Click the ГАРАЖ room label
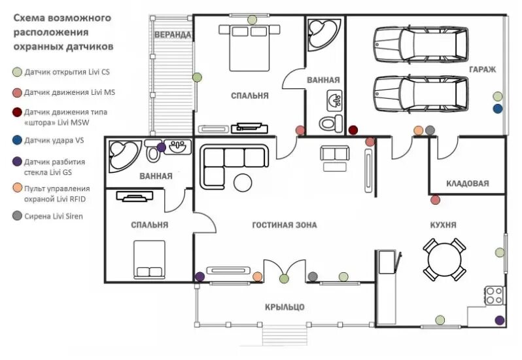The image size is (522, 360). (x=482, y=69)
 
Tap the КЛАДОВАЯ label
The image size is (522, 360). (x=467, y=183)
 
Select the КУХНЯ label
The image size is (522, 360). (x=443, y=225)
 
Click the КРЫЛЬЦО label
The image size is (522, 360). (x=285, y=307)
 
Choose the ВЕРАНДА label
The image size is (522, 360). (x=173, y=34)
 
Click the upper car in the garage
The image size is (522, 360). (x=420, y=45)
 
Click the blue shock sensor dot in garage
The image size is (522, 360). (x=498, y=109)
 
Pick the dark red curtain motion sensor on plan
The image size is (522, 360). (x=353, y=130)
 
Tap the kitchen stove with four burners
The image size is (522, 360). (x=494, y=296)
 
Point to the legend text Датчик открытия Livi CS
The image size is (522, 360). (x=67, y=71)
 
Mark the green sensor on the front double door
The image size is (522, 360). (x=284, y=279)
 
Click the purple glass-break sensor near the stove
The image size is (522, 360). (x=500, y=320)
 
